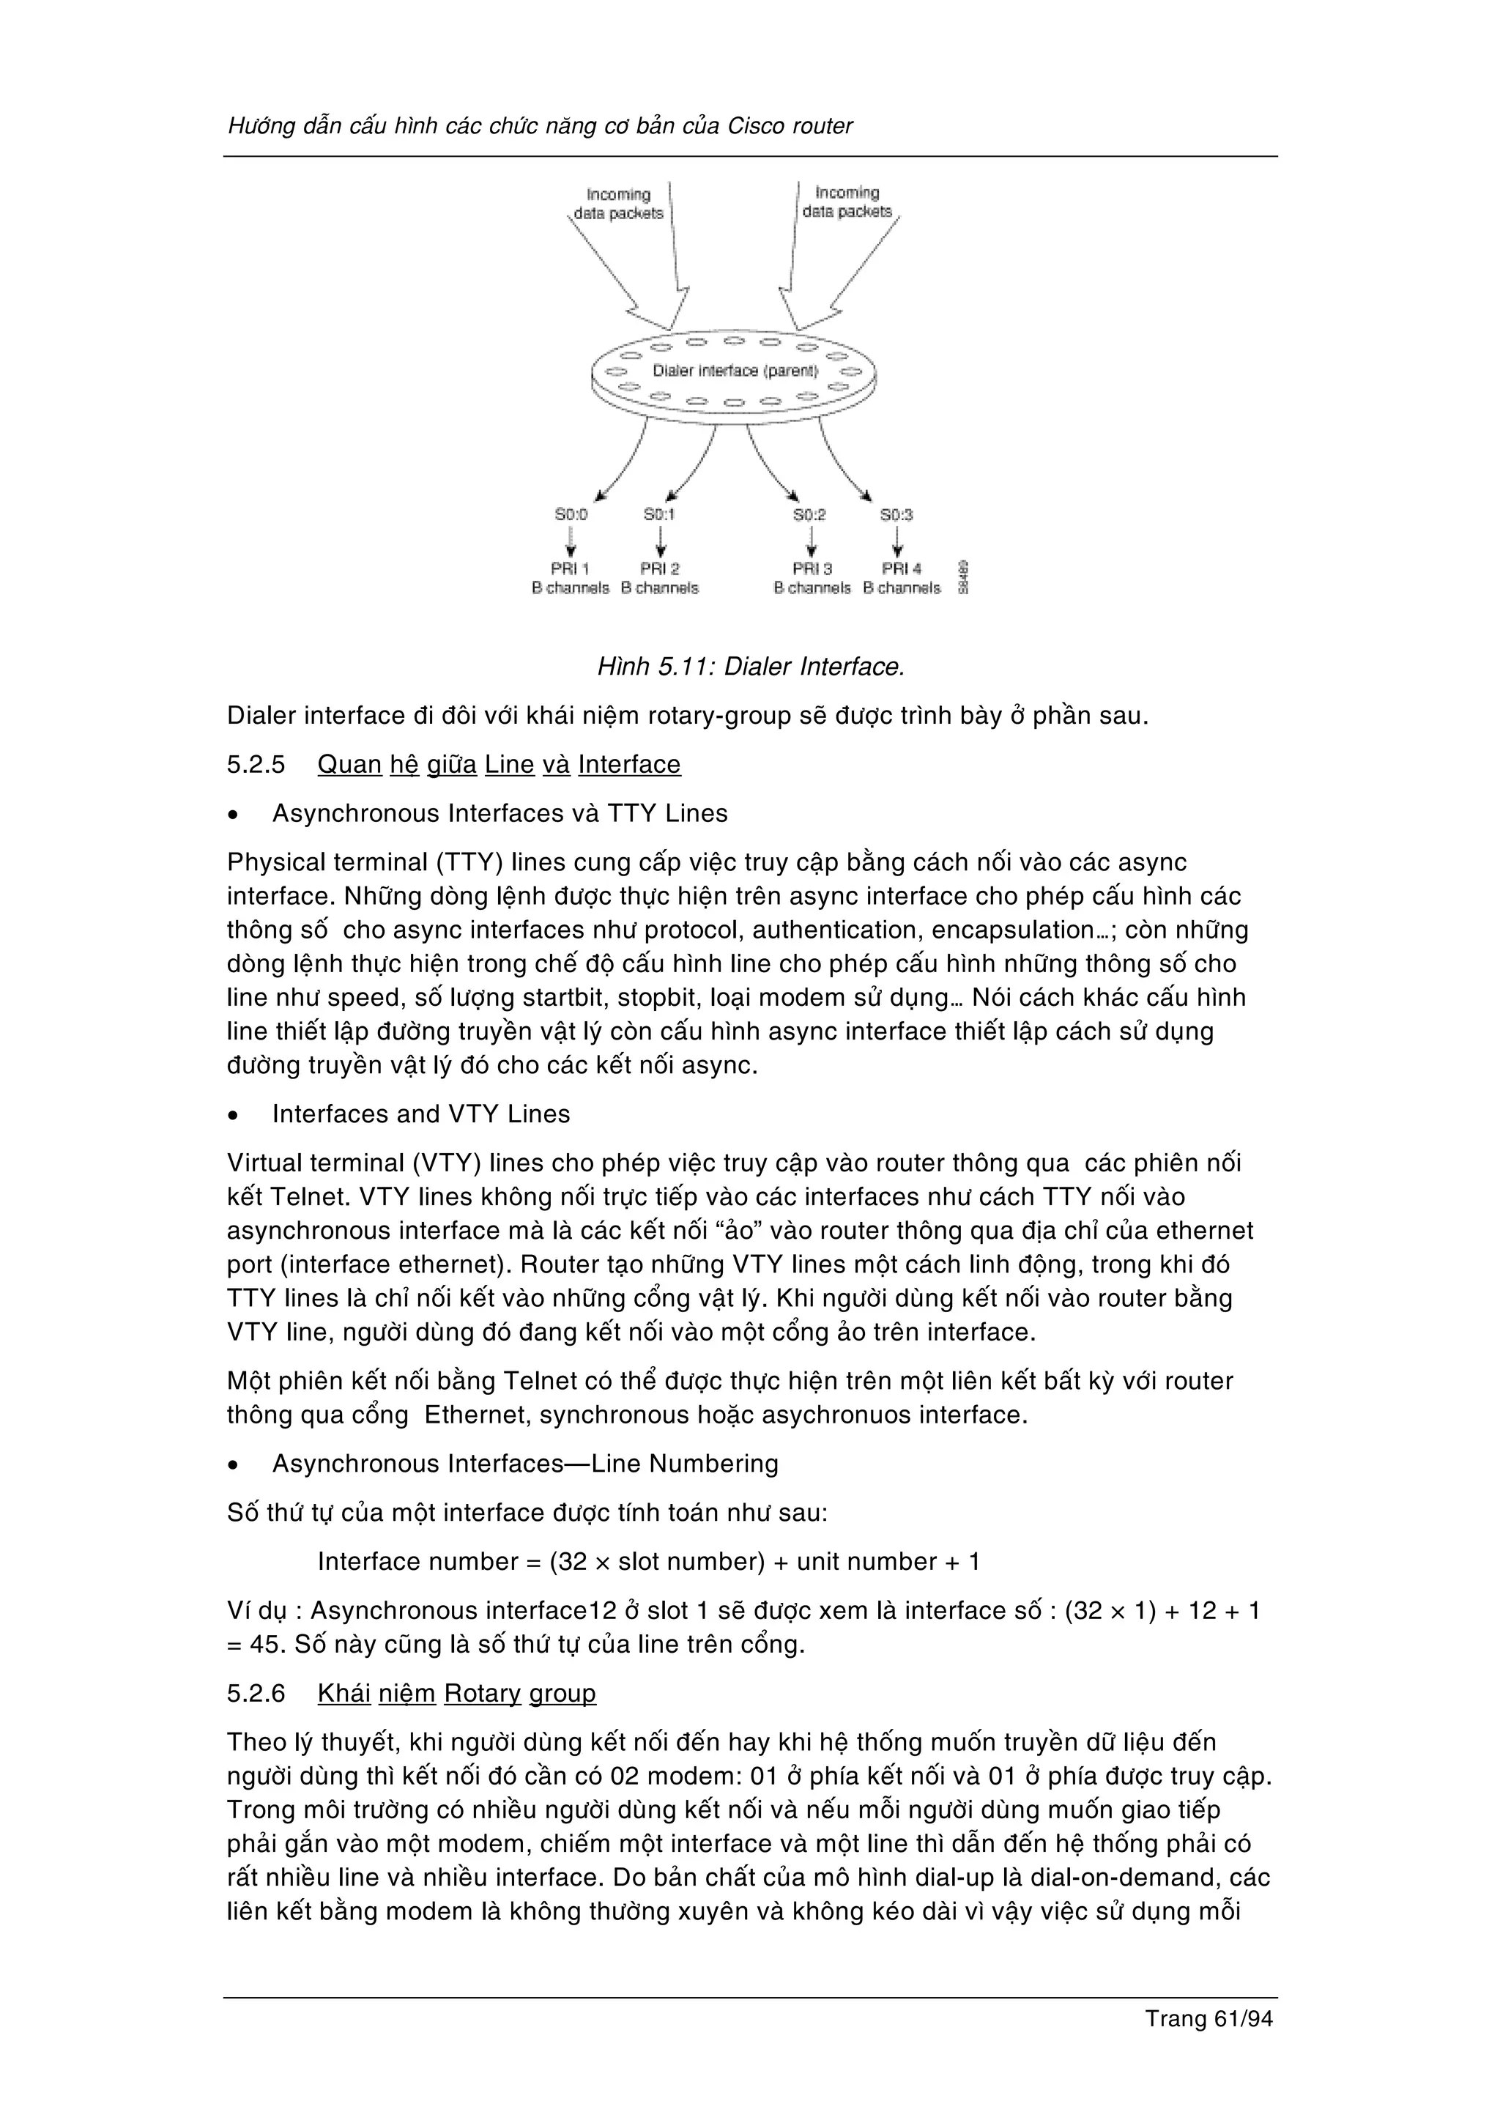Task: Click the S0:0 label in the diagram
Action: point(571,514)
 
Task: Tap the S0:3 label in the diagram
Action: point(896,515)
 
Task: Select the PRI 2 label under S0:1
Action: point(660,568)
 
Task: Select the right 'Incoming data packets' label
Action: point(847,202)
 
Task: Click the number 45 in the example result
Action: point(264,1645)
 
